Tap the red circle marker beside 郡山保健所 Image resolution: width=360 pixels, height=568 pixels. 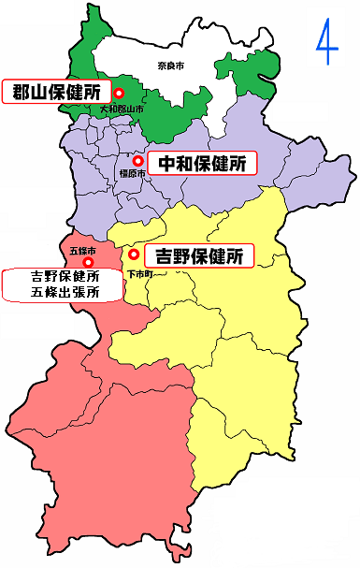[x=120, y=93]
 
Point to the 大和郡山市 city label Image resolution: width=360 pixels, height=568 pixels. [x=122, y=109]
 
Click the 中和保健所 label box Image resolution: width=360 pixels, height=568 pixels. [x=201, y=163]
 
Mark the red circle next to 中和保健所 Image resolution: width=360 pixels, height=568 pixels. [x=138, y=160]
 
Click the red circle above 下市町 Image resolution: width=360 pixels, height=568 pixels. [x=134, y=254]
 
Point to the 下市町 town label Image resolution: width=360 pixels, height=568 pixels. [x=138, y=272]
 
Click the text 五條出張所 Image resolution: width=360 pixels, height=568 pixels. [x=64, y=293]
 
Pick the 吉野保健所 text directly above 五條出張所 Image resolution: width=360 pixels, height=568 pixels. [x=65, y=277]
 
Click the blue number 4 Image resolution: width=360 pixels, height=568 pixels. [x=324, y=44]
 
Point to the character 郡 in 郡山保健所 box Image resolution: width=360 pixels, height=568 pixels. [x=22, y=92]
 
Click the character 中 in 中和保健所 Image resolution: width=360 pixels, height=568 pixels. [x=166, y=163]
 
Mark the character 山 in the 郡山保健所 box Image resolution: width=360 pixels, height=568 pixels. [x=40, y=92]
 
